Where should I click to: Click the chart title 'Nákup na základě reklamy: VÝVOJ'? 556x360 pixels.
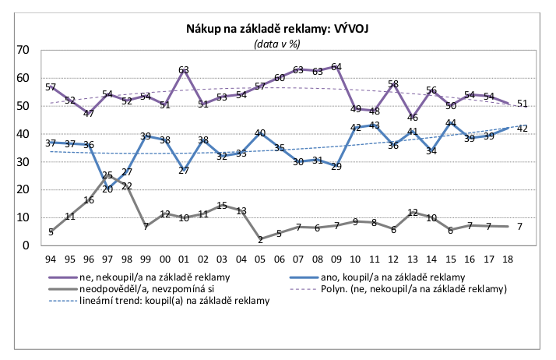coord(276,30)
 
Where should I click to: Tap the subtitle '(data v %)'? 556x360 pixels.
coord(277,44)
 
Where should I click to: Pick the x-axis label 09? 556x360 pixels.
coord(336,259)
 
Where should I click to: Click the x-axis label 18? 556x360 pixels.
coord(508,259)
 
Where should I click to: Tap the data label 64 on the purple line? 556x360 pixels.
coord(336,67)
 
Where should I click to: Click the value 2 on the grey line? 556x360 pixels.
coord(260,240)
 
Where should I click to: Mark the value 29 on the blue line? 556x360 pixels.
coord(336,166)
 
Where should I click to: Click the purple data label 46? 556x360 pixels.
coord(413,118)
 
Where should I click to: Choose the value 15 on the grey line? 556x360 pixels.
coord(222,206)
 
